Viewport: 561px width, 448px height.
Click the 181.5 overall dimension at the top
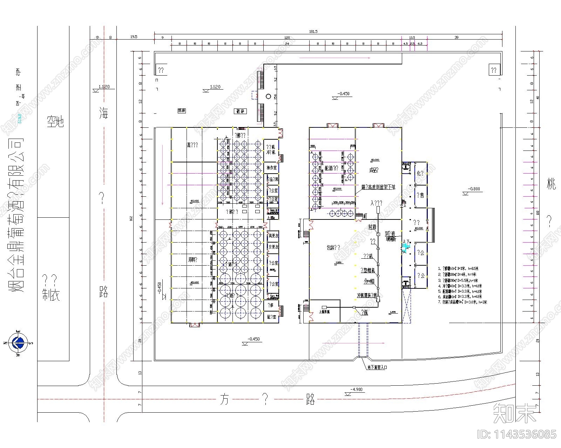pos(313,31)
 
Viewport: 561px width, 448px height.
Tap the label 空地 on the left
pos(55,121)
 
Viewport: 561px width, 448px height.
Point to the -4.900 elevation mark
pos(357,389)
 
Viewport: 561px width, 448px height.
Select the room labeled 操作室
pos(271,168)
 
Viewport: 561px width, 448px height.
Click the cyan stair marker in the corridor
pos(406,247)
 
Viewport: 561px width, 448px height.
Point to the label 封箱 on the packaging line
pos(372,227)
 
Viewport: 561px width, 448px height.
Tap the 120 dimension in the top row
pos(287,37)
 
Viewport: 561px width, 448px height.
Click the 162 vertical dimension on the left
pos(131,218)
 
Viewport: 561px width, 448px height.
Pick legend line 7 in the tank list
pos(462,302)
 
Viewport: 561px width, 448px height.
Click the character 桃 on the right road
pos(551,184)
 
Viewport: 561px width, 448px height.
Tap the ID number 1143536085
pos(517,434)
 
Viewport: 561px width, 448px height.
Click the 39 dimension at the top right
pos(456,37)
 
